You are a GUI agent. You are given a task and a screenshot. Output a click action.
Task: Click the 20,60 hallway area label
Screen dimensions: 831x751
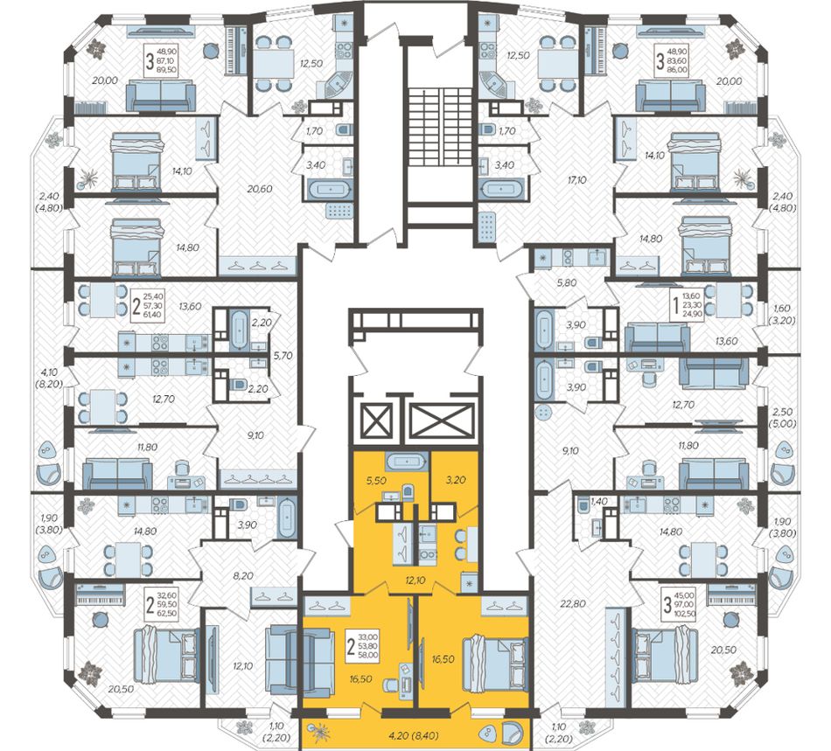260,189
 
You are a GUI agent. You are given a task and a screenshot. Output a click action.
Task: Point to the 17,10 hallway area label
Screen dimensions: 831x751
576,180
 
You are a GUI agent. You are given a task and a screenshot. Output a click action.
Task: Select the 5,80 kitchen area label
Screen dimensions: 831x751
566,282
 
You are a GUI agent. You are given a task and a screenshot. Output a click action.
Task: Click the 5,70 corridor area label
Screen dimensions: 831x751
283,355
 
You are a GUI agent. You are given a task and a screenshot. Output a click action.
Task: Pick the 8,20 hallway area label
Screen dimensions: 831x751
243,575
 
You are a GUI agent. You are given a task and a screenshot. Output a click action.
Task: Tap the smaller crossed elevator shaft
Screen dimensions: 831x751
375,421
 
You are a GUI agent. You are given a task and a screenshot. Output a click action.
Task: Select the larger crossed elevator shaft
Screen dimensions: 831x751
443,422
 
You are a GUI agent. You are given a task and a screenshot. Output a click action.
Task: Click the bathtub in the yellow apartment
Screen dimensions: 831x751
407,462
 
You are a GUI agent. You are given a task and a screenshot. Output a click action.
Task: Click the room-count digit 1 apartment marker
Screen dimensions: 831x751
675,306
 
